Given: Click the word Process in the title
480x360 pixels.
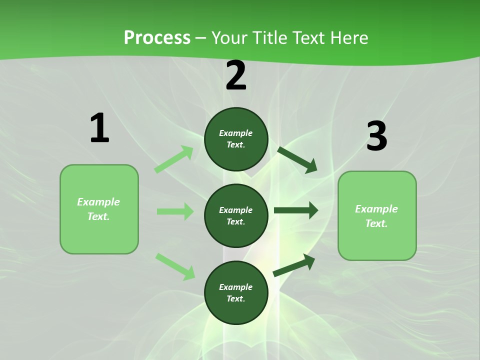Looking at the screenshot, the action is (x=157, y=37).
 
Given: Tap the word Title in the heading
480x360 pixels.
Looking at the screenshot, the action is (x=270, y=37).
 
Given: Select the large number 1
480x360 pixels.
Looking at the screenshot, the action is (x=99, y=127).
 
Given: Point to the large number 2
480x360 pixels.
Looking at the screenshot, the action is (x=236, y=75).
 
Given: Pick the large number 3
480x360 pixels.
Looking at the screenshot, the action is (x=377, y=135).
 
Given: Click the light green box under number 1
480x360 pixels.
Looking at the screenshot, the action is (x=99, y=209).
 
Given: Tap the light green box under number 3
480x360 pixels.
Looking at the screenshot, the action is (x=377, y=216).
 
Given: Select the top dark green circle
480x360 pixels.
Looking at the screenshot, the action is (x=236, y=139).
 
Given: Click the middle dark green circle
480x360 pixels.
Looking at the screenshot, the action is (x=236, y=216).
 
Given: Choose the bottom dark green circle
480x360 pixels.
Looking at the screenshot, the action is (x=236, y=292).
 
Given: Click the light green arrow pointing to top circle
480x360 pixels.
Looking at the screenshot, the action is (x=174, y=159).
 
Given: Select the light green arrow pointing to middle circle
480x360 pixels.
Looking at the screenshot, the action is (x=175, y=211).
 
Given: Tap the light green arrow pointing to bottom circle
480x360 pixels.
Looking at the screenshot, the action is (x=175, y=266).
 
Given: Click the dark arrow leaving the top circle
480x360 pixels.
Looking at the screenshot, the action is (x=297, y=160).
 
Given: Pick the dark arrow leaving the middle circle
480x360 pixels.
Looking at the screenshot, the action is (x=296, y=210).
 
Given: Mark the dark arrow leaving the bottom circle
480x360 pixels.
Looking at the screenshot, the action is (x=294, y=265).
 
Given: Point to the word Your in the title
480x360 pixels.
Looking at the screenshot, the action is (x=229, y=37).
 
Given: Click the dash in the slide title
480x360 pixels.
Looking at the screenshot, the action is (x=201, y=38).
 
